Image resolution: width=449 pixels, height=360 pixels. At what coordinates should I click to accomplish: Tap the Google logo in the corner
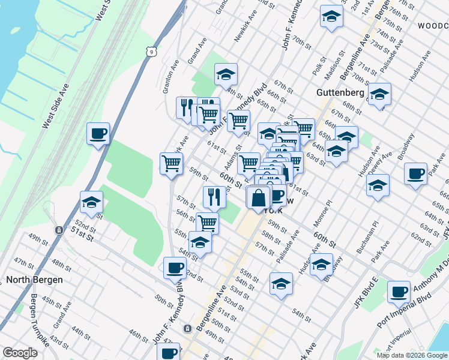pyautogui.click(x=20, y=353)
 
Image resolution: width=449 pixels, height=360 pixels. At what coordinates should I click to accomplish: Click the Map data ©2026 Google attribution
pyautogui.click(x=412, y=355)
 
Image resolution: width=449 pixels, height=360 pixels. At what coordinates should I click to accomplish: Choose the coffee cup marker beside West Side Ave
pyautogui.click(x=98, y=133)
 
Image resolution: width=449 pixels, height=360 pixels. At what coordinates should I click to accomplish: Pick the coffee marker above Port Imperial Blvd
pyautogui.click(x=399, y=292)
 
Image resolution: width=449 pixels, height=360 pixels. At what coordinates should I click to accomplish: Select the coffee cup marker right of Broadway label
pyautogui.click(x=415, y=175)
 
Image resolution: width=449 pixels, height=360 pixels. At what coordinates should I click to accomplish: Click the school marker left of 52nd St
pyautogui.click(x=91, y=203)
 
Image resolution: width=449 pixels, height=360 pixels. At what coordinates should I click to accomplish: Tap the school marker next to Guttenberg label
pyautogui.click(x=379, y=94)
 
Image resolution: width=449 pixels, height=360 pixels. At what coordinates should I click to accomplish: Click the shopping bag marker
pyautogui.click(x=258, y=197)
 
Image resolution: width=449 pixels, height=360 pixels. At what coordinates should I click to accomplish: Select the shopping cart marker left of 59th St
pyautogui.click(x=172, y=163)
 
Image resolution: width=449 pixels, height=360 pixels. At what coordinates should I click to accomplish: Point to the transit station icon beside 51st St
pyautogui.click(x=59, y=230)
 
